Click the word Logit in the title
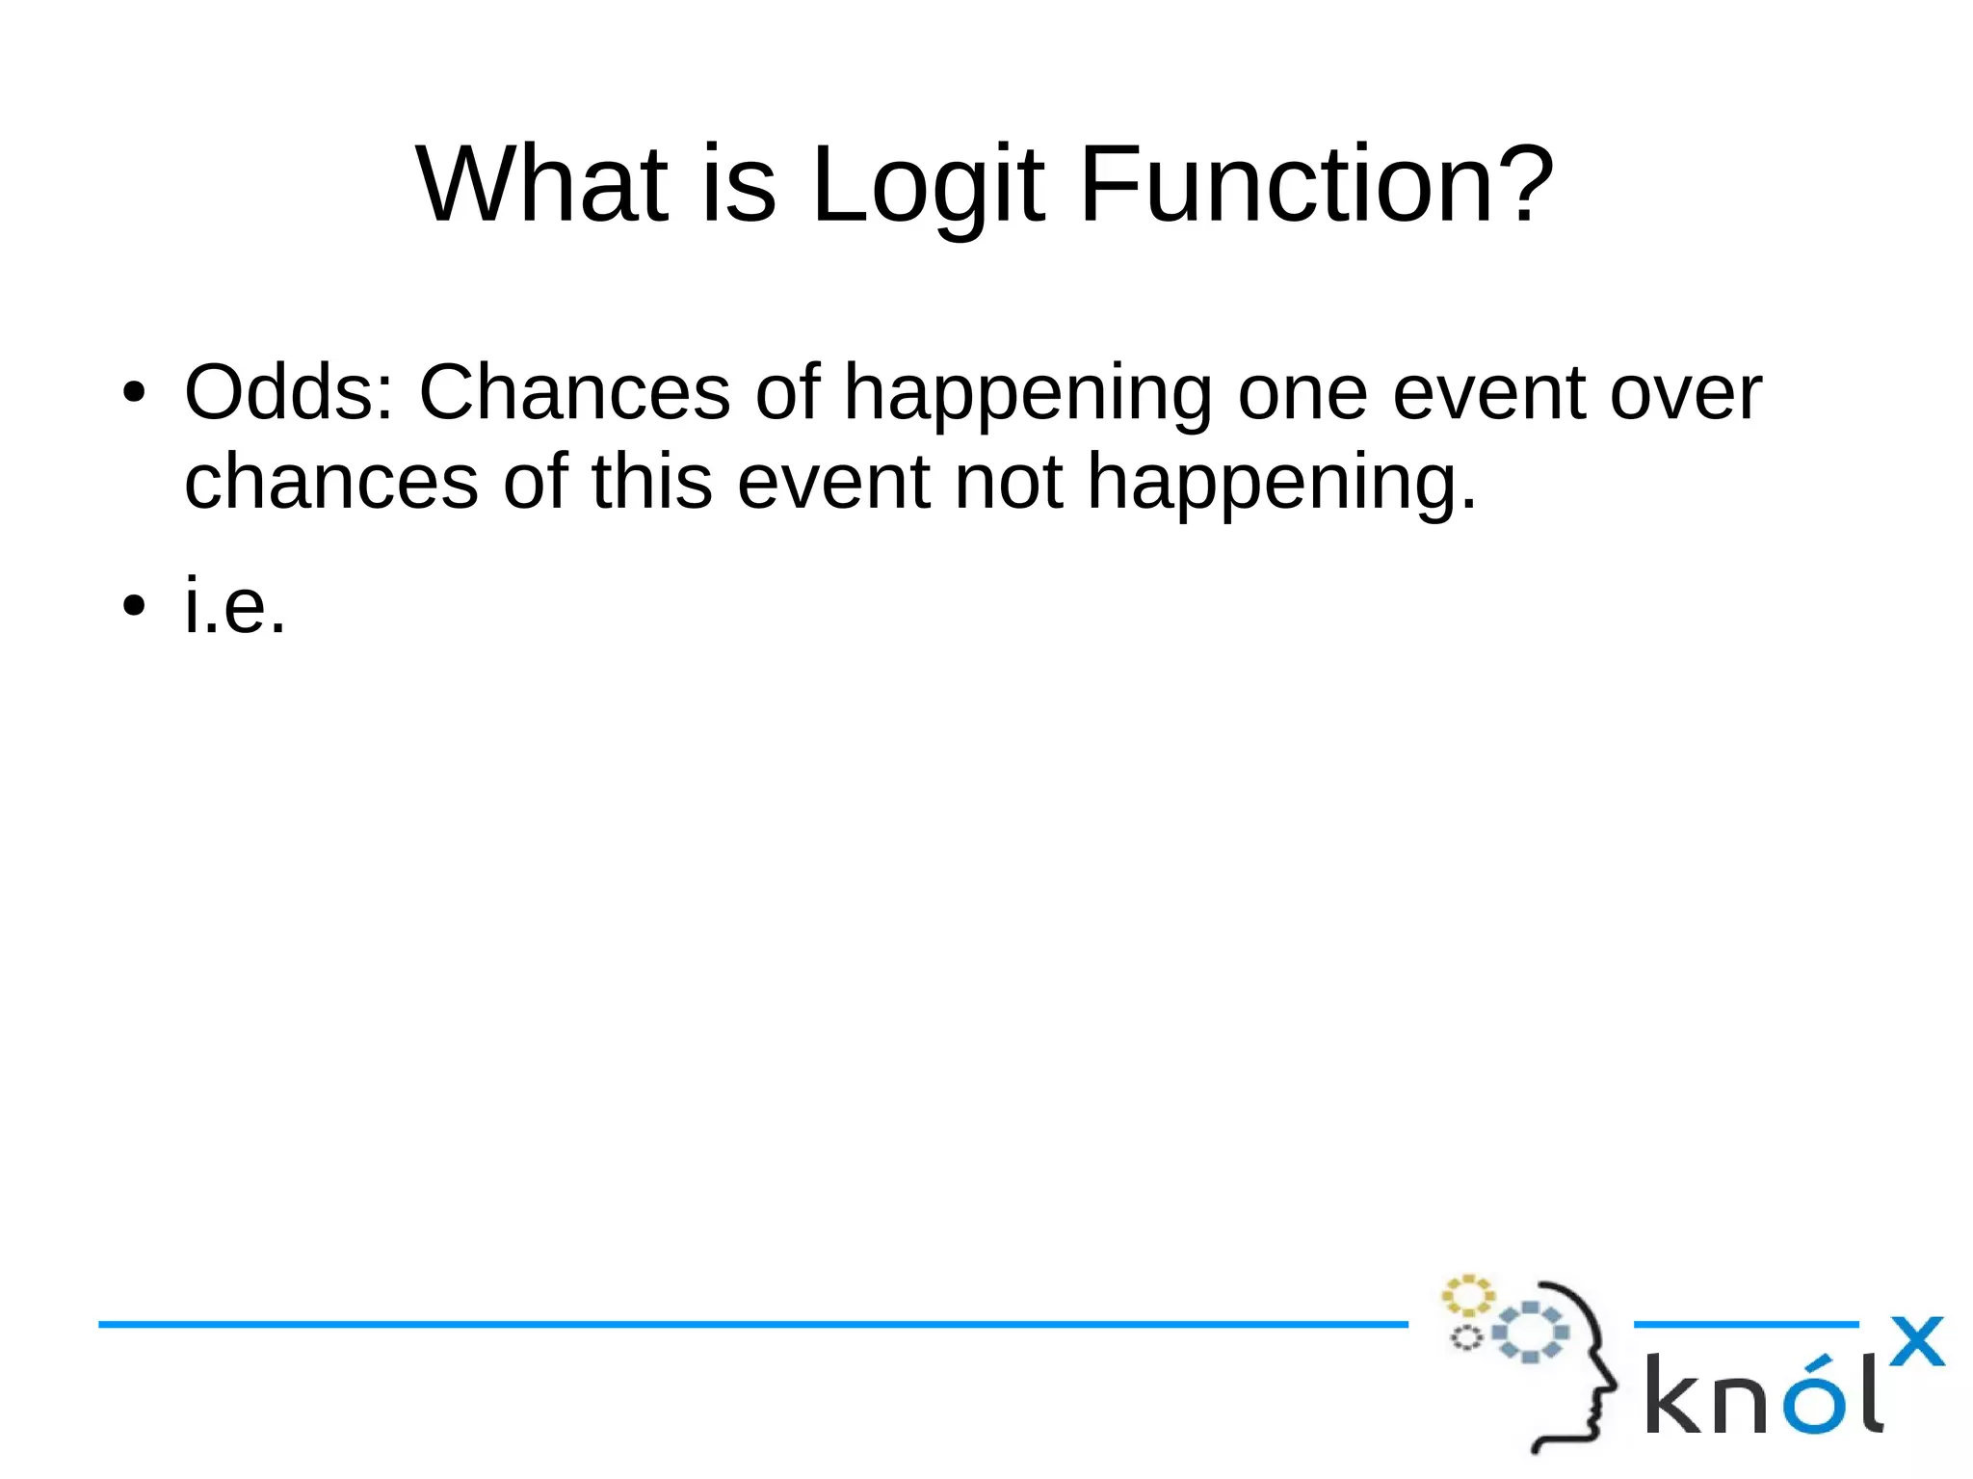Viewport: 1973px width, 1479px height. coord(927,185)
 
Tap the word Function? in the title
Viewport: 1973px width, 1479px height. coord(1316,185)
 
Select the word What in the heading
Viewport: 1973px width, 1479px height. coord(541,185)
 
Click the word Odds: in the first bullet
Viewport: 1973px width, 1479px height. coord(289,392)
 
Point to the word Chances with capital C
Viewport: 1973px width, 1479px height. coord(574,392)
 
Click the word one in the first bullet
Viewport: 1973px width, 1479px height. coord(1302,392)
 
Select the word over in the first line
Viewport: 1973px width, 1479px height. coord(1685,392)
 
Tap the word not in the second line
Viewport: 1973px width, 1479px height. coord(1008,481)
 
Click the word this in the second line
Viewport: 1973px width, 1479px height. coord(651,481)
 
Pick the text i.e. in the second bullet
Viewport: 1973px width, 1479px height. coord(235,605)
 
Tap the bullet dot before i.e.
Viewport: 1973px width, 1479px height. coord(133,606)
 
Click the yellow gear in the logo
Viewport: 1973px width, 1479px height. coord(1466,1296)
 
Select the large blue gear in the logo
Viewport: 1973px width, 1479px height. coord(1531,1333)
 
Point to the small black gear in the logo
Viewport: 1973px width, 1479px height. coord(1466,1338)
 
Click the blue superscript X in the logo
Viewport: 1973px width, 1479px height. coord(1916,1341)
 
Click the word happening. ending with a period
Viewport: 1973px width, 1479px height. coord(1281,481)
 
